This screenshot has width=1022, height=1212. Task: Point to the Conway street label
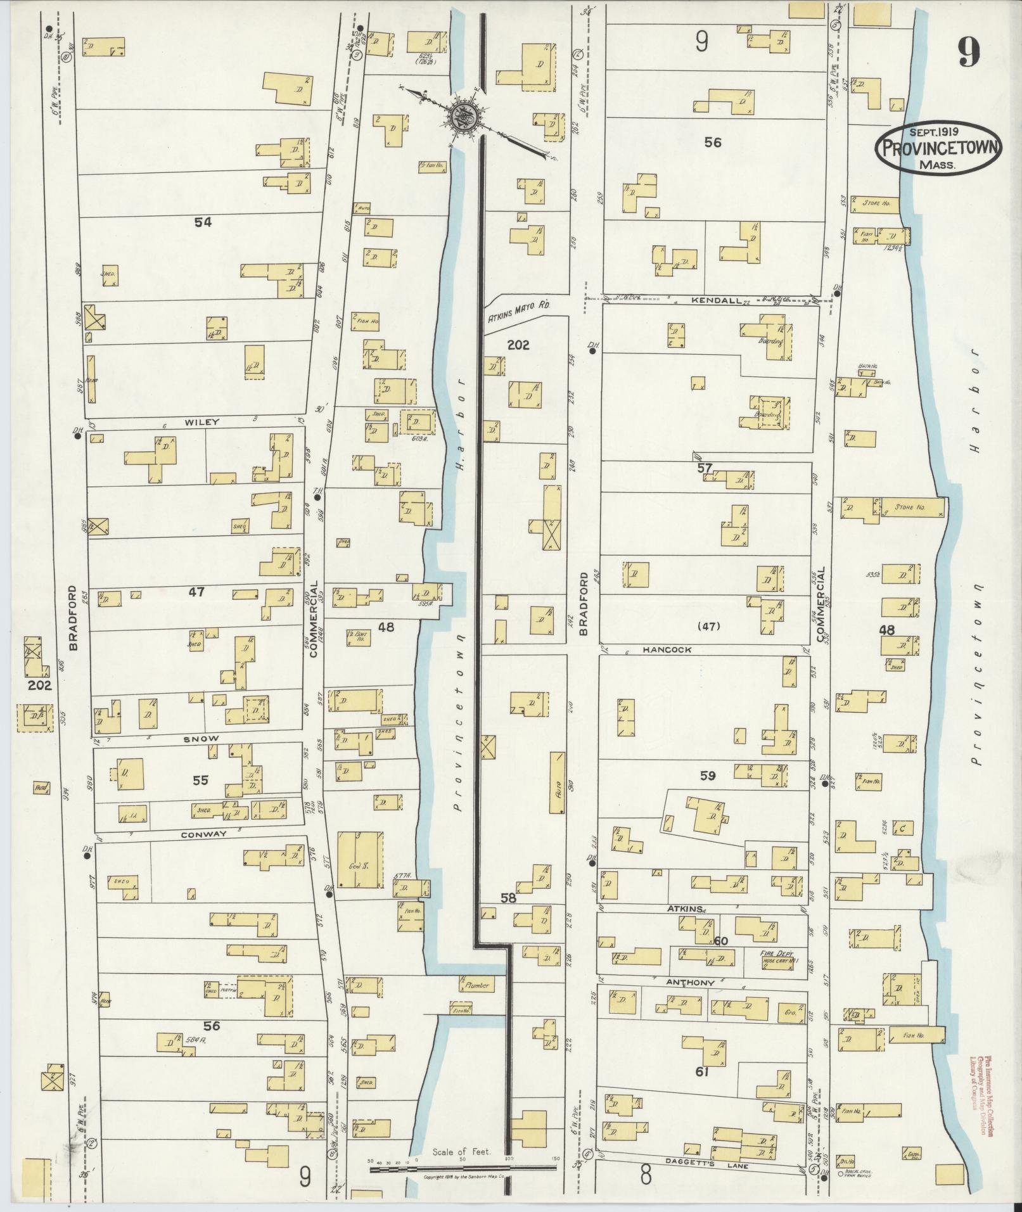(203, 834)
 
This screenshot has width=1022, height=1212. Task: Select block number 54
(203, 222)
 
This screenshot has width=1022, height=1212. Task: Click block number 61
(701, 1072)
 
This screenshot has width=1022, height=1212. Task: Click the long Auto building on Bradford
(557, 782)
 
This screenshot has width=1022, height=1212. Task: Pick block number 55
(200, 781)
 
